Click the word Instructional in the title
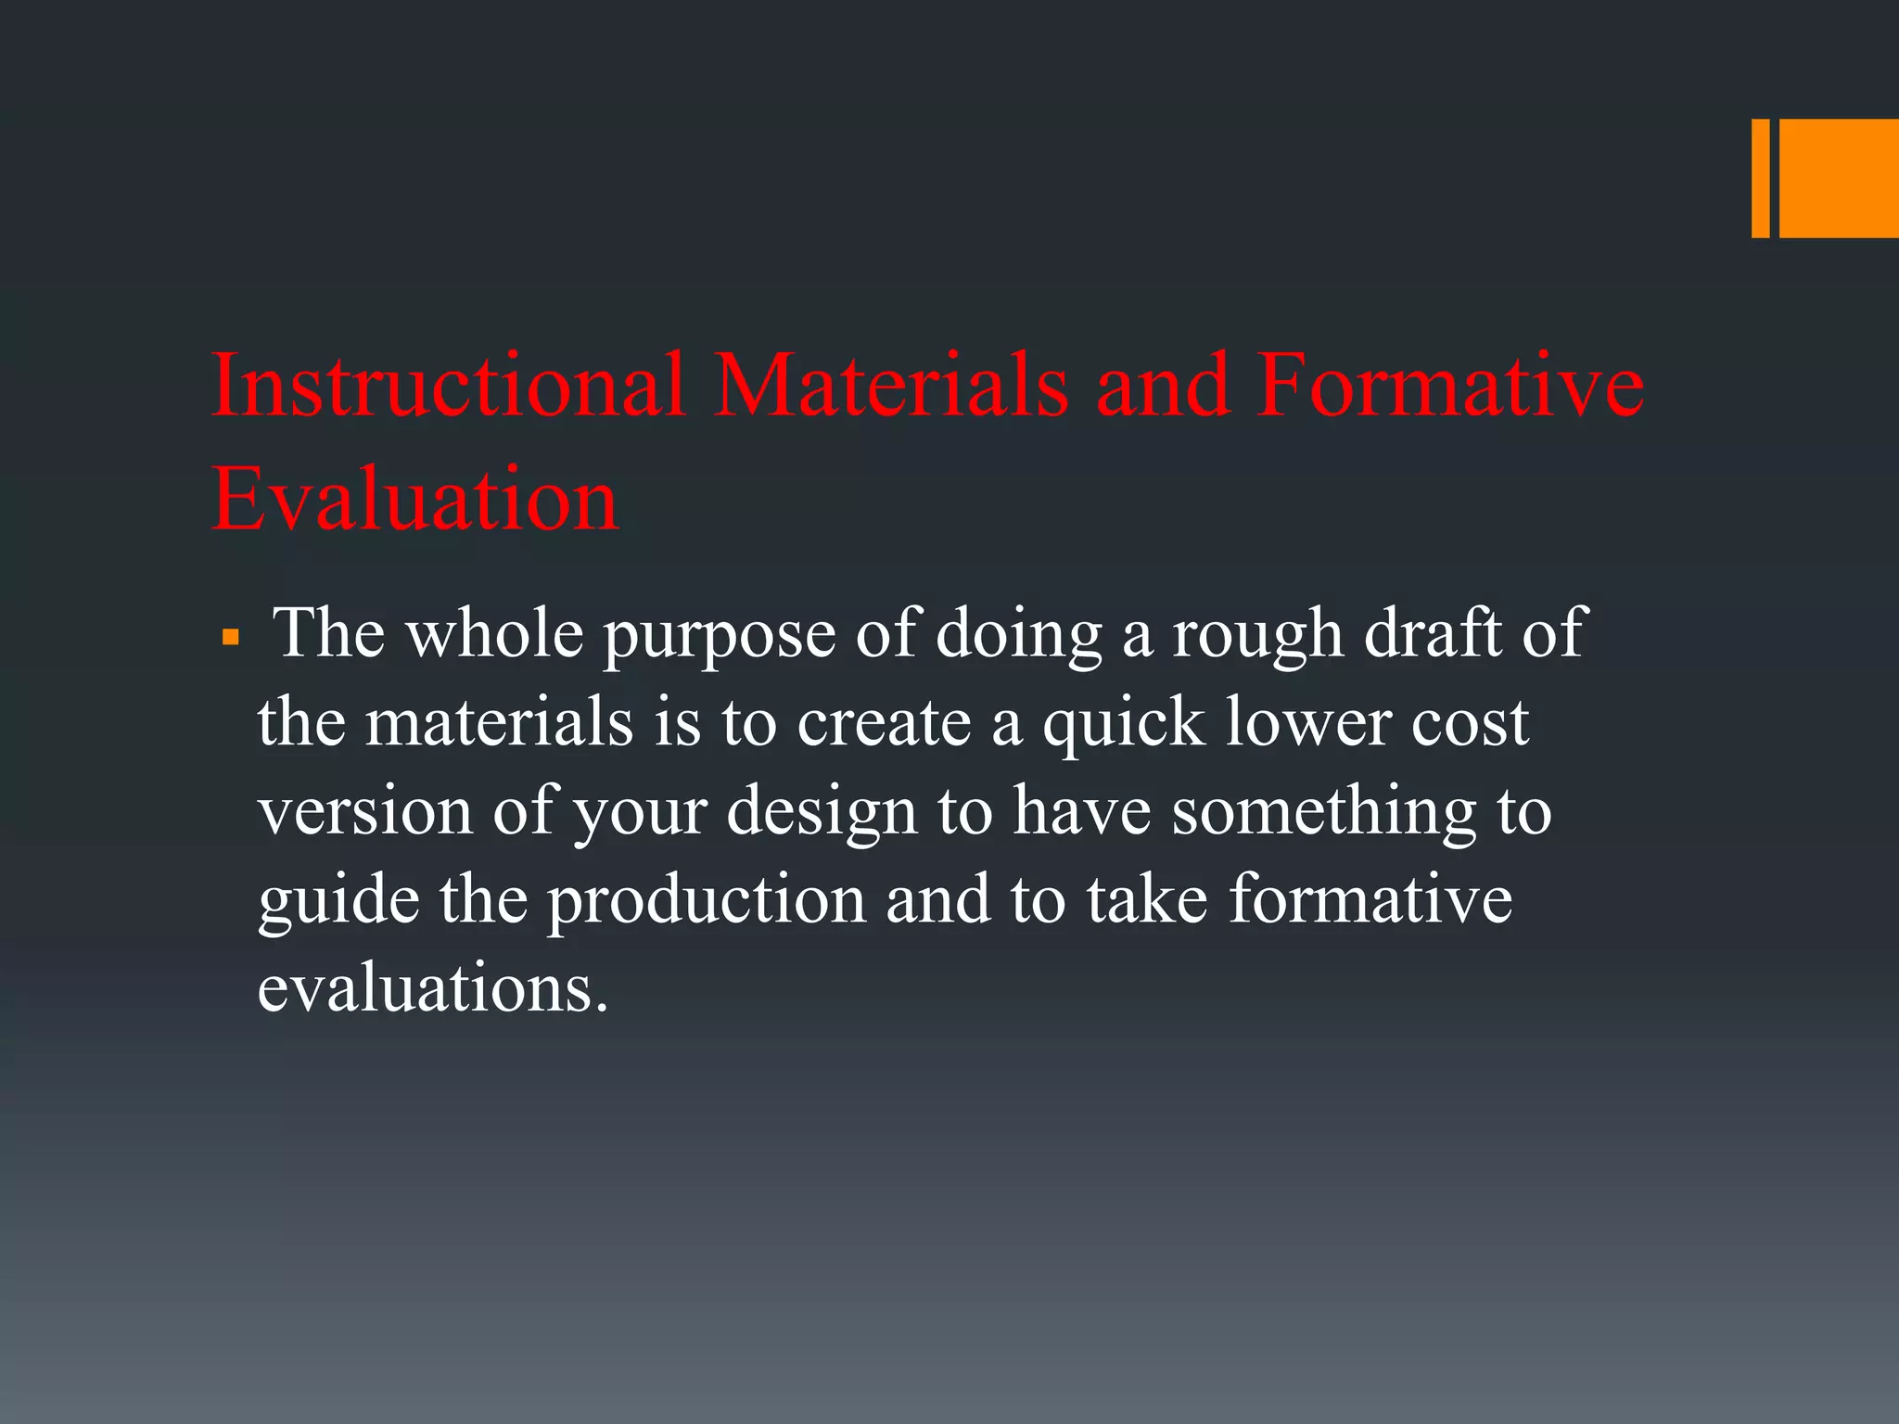449,385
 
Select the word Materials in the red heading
891,385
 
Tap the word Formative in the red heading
1450,385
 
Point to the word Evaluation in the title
414,500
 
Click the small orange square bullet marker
231,639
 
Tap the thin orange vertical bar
1760,178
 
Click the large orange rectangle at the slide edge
1839,178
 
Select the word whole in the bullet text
495,634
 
